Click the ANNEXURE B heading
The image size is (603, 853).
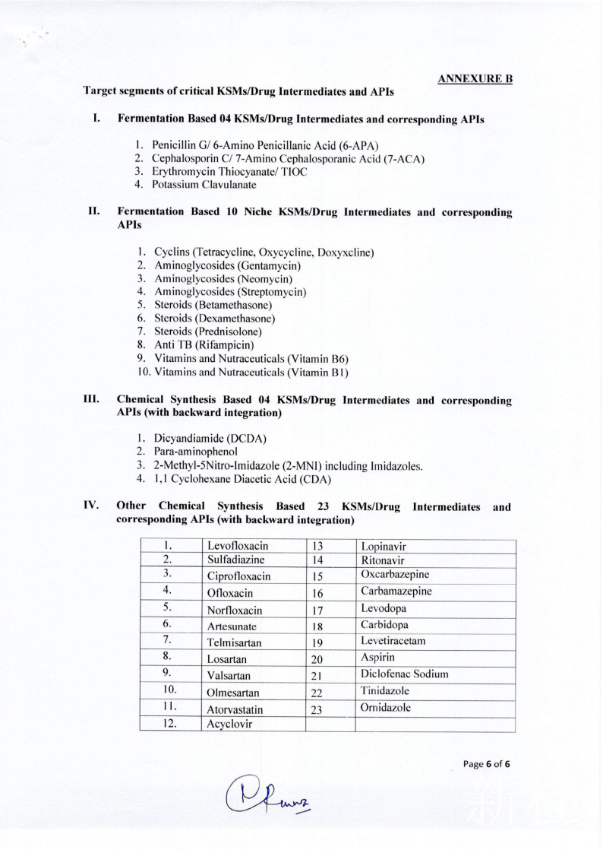point(475,78)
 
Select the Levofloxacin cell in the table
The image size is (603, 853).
point(238,546)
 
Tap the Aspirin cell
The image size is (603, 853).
point(379,658)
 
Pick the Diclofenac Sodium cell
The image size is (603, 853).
point(405,674)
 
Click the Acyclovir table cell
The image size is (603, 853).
point(232,725)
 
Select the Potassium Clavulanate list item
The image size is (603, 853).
point(204,184)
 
